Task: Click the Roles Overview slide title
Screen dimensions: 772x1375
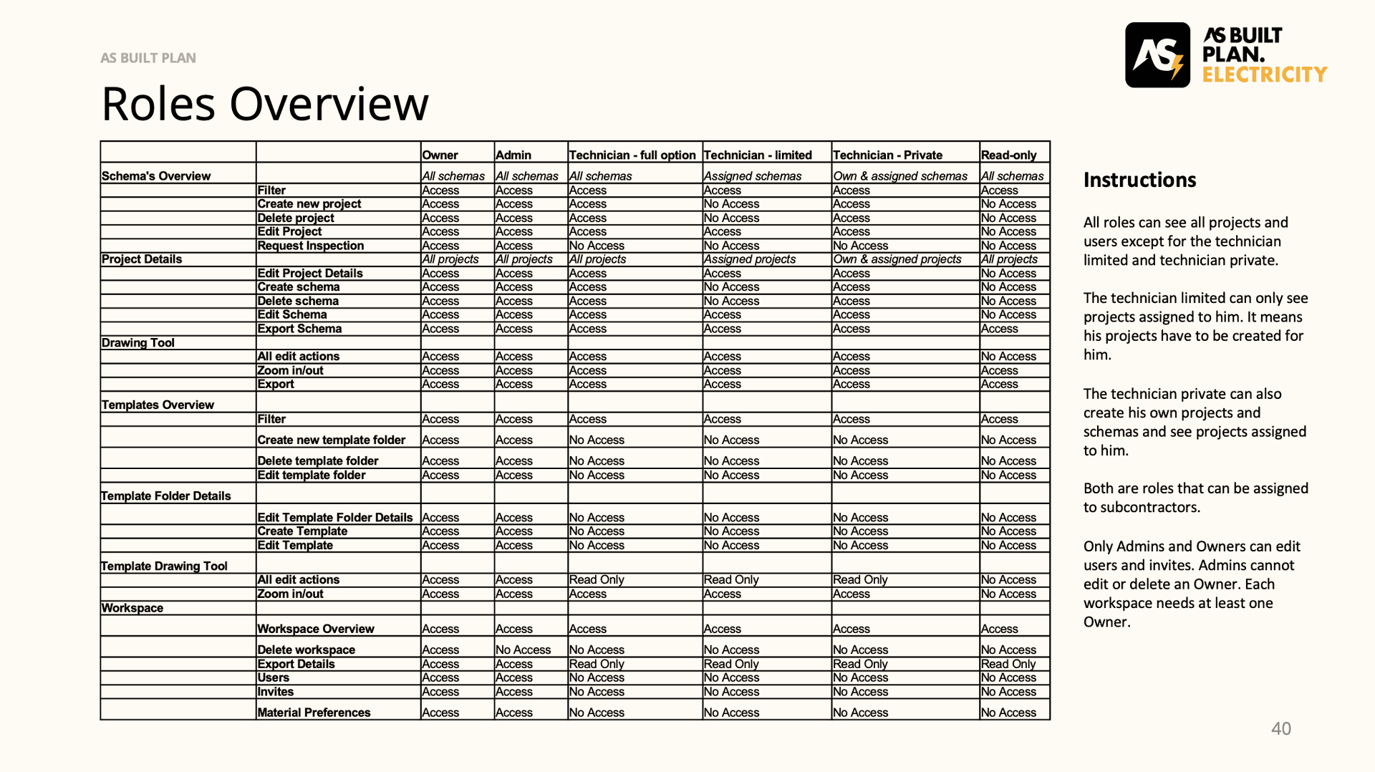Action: (265, 104)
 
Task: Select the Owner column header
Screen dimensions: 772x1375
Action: (440, 155)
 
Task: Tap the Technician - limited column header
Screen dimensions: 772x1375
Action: (758, 155)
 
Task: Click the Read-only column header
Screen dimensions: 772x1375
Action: (1008, 155)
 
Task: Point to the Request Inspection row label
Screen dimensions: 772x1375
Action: (310, 246)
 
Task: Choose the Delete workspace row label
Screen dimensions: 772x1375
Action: (306, 650)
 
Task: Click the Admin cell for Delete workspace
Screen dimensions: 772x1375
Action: (523, 650)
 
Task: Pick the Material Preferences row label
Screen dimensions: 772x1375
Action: (314, 713)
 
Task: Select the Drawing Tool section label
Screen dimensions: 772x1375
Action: (138, 342)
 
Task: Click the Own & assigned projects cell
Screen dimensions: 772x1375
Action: (897, 259)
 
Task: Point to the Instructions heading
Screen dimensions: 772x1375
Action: (1139, 180)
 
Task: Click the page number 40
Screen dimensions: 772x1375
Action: (1280, 728)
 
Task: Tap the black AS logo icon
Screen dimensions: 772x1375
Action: (1157, 55)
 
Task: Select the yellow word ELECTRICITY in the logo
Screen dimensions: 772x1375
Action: (1264, 74)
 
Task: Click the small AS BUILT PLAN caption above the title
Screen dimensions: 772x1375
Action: (148, 58)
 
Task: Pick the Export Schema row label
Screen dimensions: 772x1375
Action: (299, 329)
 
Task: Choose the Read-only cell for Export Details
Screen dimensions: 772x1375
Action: (1008, 664)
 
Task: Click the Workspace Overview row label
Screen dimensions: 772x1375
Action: (315, 629)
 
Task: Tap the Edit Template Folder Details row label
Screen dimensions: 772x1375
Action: (334, 517)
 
